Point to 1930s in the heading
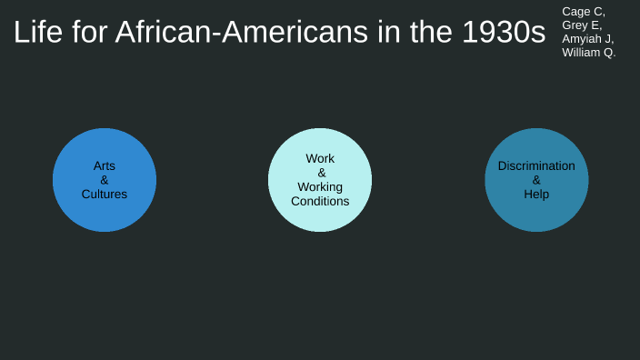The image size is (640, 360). pyautogui.click(x=503, y=33)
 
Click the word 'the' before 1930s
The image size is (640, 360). pyautogui.click(x=427, y=33)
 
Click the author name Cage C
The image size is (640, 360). pyautogui.click(x=583, y=12)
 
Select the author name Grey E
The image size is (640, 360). pyautogui.click(x=582, y=25)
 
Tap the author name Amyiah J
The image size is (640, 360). pyautogui.click(x=587, y=39)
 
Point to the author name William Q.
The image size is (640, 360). pyautogui.click(x=588, y=53)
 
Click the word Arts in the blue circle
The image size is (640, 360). pyautogui.click(x=105, y=166)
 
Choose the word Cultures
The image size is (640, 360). pyautogui.click(x=105, y=194)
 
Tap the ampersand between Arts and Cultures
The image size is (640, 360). pyautogui.click(x=105, y=180)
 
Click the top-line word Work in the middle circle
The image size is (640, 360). pyautogui.click(x=320, y=159)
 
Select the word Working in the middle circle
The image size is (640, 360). pyautogui.click(x=320, y=187)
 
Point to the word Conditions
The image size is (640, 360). pyautogui.click(x=320, y=201)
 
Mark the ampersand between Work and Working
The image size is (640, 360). pyautogui.click(x=321, y=173)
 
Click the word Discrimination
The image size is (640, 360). pyautogui.click(x=536, y=166)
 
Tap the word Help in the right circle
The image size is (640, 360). pyautogui.click(x=536, y=194)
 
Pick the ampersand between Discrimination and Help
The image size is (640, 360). pyautogui.click(x=536, y=180)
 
